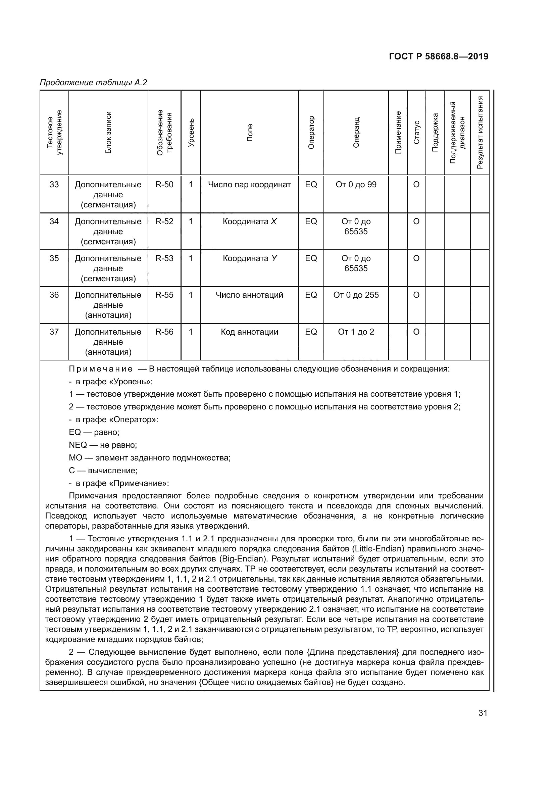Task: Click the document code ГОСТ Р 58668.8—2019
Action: click(x=439, y=57)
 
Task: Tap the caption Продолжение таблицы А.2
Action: click(x=93, y=83)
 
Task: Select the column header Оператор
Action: click(x=311, y=133)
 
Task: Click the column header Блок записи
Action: click(x=108, y=133)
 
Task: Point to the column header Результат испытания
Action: click(x=480, y=133)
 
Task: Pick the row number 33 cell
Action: click(x=54, y=185)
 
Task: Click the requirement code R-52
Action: click(x=164, y=222)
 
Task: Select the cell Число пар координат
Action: click(x=249, y=185)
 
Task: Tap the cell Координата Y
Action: click(x=249, y=258)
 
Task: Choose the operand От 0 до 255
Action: click(x=356, y=295)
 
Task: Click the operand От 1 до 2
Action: click(x=356, y=332)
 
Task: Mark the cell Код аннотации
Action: click(x=249, y=332)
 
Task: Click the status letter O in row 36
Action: click(x=416, y=295)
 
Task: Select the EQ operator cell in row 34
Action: click(x=311, y=222)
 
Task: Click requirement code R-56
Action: click(x=164, y=332)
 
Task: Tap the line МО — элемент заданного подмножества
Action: click(x=150, y=458)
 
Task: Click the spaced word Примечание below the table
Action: click(x=101, y=369)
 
